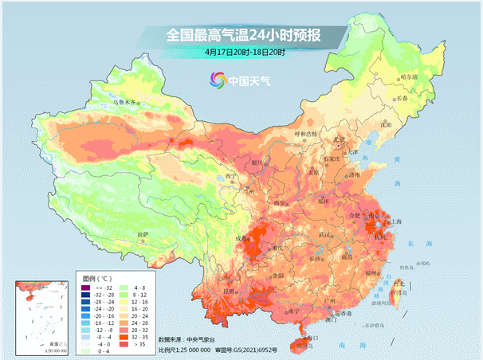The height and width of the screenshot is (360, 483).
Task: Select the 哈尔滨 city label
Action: click(409, 76)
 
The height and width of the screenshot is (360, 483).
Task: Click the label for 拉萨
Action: click(142, 234)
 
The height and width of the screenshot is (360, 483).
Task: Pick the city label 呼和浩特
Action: click(306, 133)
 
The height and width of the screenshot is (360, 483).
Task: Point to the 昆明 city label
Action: click(230, 292)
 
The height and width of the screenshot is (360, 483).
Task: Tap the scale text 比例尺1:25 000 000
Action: click(185, 349)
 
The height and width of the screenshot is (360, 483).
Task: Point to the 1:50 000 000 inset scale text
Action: click(33, 350)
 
